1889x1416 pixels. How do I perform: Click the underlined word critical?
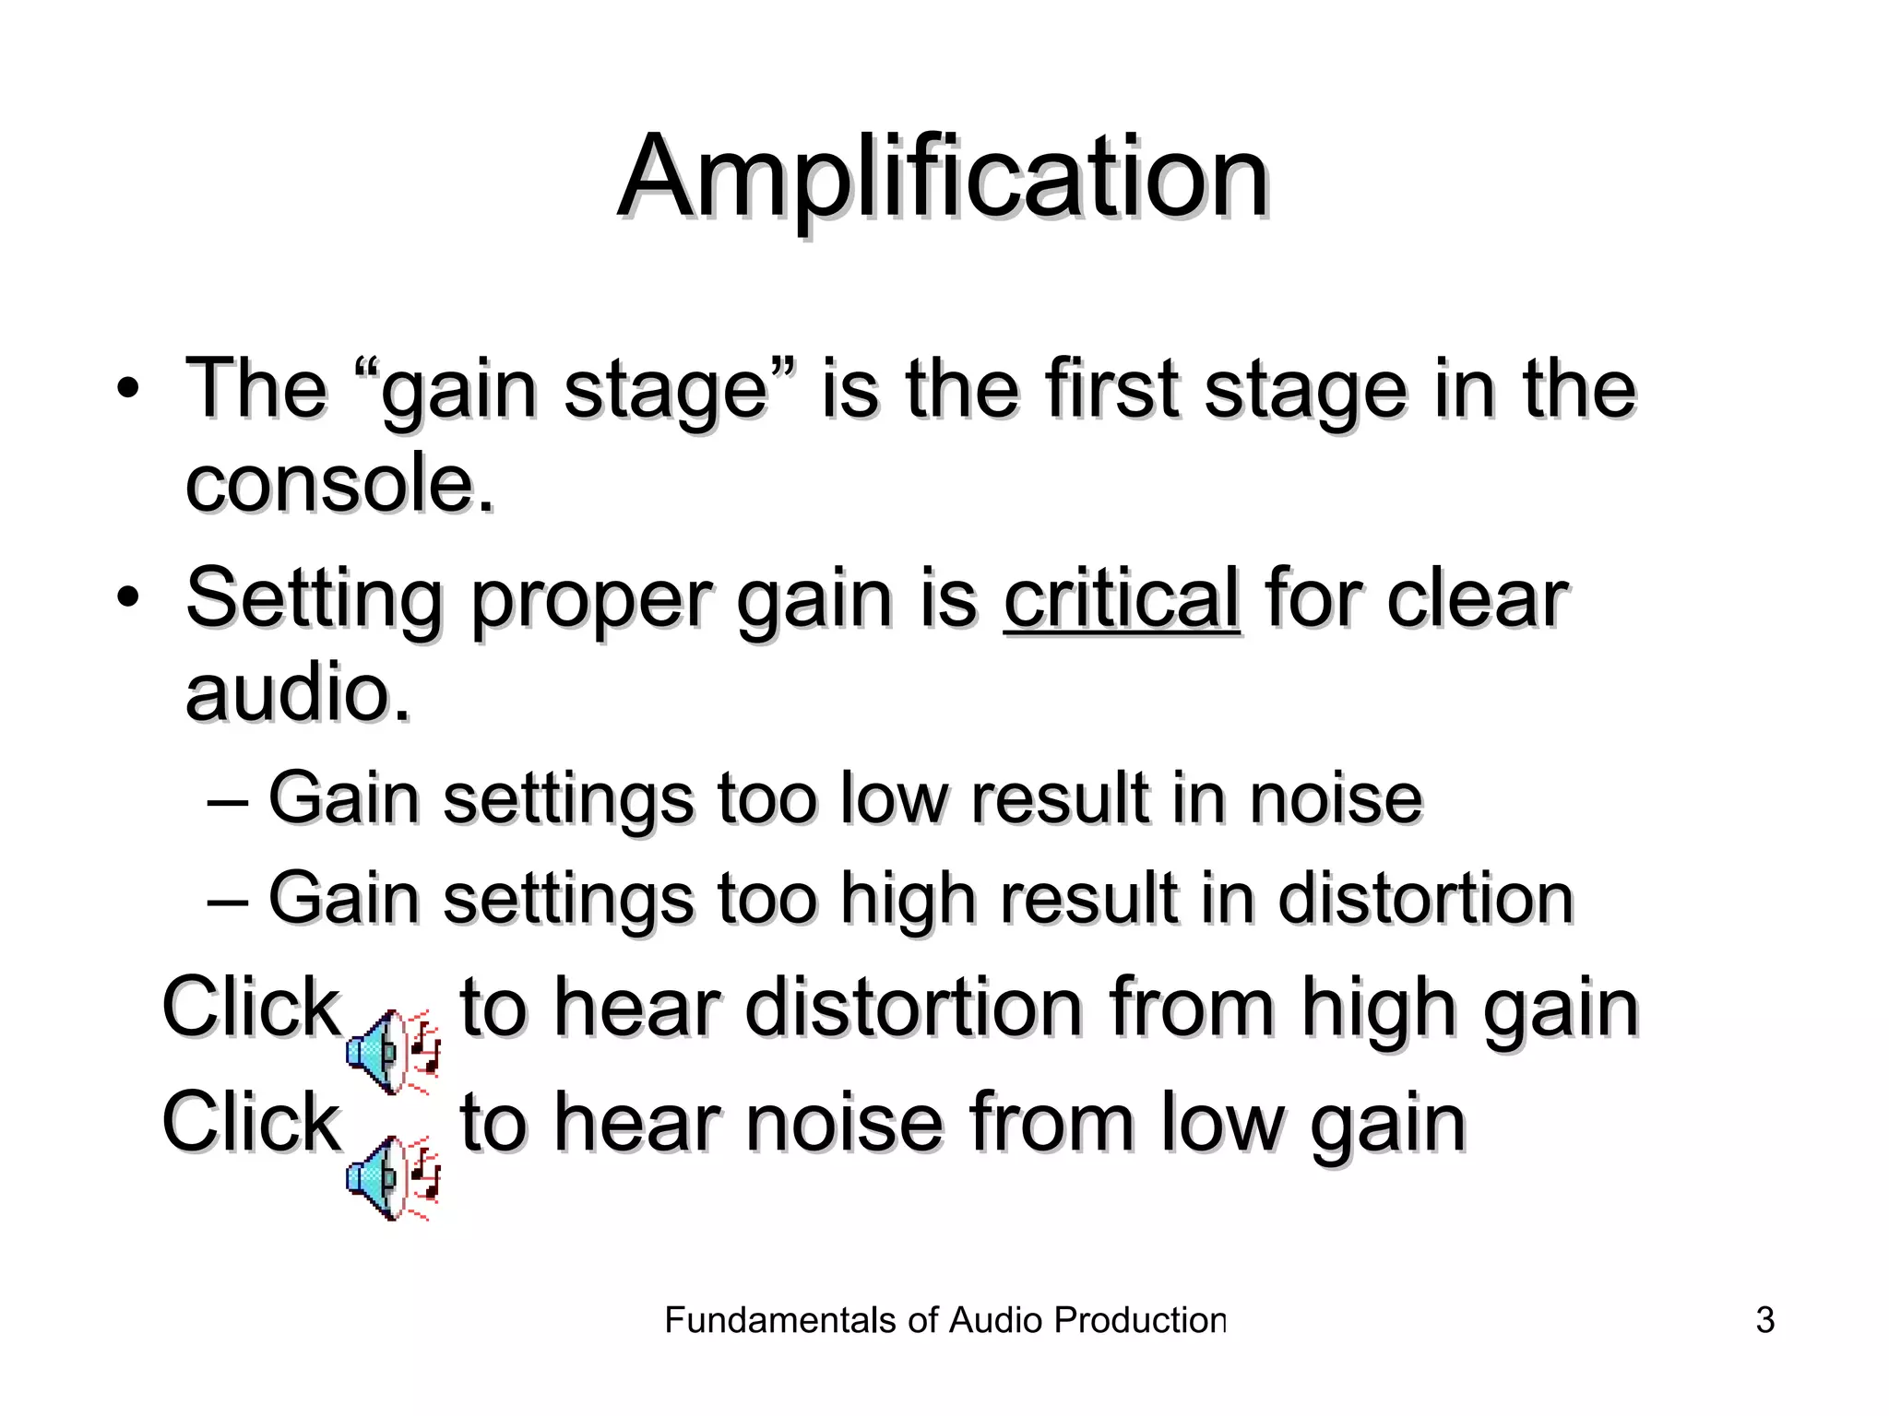click(1121, 598)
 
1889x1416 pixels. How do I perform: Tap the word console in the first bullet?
click(338, 483)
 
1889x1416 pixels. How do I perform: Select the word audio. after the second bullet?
click(297, 693)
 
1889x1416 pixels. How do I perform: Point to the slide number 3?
click(1764, 1320)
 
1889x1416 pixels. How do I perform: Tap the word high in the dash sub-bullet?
click(908, 899)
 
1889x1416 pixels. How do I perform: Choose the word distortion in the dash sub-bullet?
click(1425, 899)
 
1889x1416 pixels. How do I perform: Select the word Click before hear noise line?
click(251, 1122)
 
